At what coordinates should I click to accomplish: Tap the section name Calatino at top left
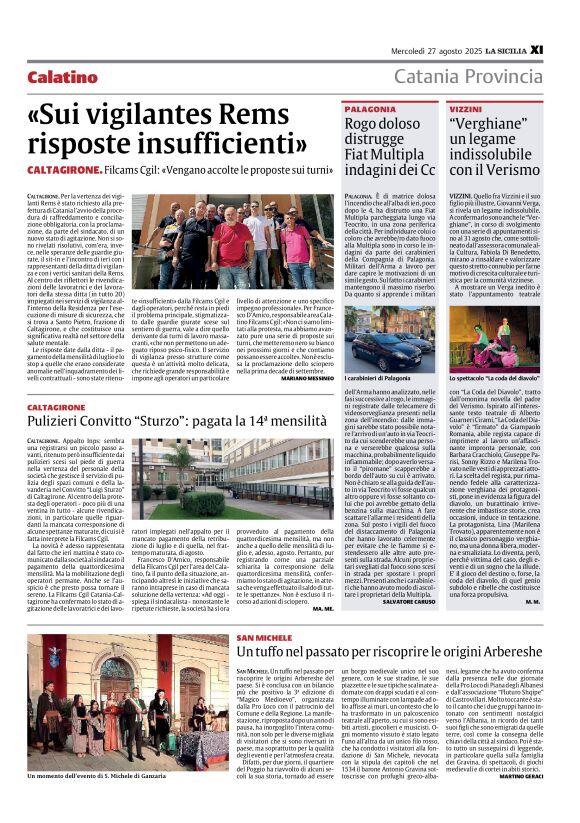[63, 77]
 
